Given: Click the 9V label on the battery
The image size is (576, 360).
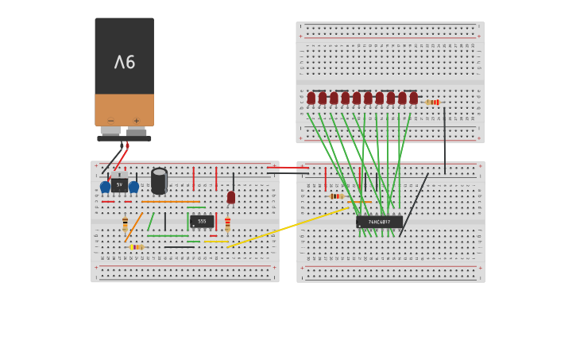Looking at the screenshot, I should coord(125,62).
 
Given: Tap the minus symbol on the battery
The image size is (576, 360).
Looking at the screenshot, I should coord(110,120).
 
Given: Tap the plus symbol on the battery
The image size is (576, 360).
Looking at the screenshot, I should coord(137,120).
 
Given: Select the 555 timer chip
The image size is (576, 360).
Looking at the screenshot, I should coord(202,221).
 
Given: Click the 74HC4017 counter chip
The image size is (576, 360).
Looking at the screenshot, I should coord(379,222).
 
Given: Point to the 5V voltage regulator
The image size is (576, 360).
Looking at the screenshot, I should coord(119,184).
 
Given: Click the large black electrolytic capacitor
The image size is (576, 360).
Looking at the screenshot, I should coord(159,181).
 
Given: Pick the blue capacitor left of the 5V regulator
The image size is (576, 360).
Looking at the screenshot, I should coord(105,187).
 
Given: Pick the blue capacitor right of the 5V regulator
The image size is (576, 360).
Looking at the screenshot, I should coord(133,187).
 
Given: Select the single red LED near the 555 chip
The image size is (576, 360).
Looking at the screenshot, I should coord(231,196).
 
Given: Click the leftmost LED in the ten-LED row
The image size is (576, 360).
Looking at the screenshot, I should coord(311,98).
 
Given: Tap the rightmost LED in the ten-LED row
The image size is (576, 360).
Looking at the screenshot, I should coord(413,98).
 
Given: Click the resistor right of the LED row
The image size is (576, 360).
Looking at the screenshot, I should coord(432,102).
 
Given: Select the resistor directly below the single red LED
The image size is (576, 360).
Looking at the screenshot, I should coord(227,223).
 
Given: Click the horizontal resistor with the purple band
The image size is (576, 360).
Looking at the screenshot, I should coord(137,247).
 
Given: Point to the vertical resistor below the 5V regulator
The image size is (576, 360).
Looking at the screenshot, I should coord(125,223).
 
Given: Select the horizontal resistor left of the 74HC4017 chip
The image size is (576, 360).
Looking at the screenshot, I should coord(336,195).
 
